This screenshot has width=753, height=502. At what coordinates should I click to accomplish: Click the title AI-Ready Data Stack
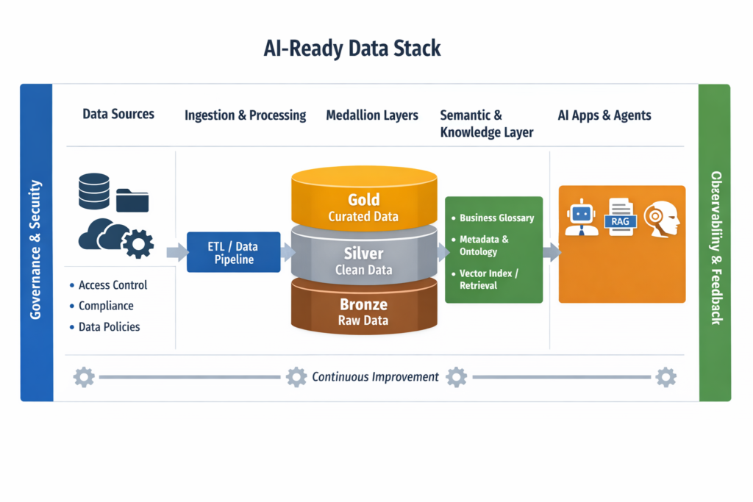352,49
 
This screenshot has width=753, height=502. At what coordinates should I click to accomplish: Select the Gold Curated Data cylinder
363,199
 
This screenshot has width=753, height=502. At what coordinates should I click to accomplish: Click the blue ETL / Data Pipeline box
232,252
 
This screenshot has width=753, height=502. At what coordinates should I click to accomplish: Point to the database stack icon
93,191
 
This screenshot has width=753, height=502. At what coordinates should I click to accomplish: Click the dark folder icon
132,200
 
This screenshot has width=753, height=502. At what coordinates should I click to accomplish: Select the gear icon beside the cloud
138,243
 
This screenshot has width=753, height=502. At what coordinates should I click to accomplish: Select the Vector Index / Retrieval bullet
489,279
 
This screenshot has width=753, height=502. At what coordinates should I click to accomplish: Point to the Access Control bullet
113,285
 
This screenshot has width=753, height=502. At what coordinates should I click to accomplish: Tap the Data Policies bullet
109,326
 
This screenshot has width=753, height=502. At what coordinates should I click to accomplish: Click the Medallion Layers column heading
372,115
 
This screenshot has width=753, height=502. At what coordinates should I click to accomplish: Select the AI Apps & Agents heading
604,115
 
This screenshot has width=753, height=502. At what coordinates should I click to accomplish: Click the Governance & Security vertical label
36,249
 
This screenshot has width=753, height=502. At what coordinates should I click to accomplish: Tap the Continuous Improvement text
375,377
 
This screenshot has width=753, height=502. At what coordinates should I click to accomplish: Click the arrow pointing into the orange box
551,253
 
